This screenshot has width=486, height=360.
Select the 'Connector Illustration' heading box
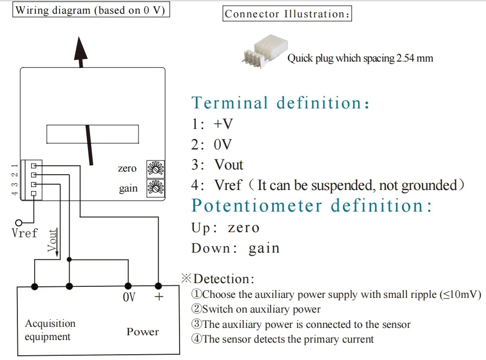tap(287, 14)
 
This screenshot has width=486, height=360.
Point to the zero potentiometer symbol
tap(155, 168)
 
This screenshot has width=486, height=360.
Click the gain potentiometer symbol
tap(155, 188)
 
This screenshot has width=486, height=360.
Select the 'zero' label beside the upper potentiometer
tap(127, 169)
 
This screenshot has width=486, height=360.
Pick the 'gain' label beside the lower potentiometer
tap(128, 188)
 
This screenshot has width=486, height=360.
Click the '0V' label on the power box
tap(128, 298)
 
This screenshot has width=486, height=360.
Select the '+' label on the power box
tap(158, 297)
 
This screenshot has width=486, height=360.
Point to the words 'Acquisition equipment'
tap(50, 330)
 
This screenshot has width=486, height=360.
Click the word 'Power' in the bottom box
tap(142, 332)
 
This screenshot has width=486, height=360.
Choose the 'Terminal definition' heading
tap(280, 103)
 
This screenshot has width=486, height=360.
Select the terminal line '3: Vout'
tap(217, 165)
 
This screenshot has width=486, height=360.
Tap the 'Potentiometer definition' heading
tap(311, 205)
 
